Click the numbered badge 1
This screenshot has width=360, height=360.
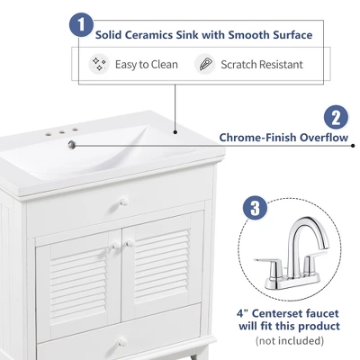(x=81, y=25)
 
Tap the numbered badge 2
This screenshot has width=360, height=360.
(x=337, y=117)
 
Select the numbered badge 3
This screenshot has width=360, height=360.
(x=255, y=208)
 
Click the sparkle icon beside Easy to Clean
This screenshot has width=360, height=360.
(x=99, y=64)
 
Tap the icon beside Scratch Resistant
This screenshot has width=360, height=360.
(x=205, y=64)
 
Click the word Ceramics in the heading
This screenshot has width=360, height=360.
(x=148, y=35)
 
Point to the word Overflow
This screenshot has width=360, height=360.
(x=324, y=138)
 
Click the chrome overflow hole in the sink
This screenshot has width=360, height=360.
(x=72, y=145)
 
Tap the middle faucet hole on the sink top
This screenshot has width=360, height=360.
(x=62, y=131)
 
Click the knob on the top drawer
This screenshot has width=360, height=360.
(x=124, y=202)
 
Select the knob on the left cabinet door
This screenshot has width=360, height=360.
(x=116, y=246)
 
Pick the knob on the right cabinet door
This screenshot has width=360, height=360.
(x=130, y=243)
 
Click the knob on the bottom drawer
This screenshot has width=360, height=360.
(x=122, y=343)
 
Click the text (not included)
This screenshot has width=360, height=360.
(x=290, y=341)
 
